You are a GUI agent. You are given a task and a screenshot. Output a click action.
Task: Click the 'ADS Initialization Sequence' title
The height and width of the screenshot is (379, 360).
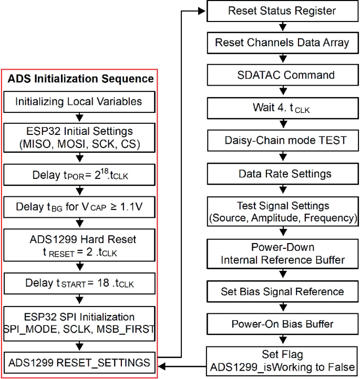click(80, 79)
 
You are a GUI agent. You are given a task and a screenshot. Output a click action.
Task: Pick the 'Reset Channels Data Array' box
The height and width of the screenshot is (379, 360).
click(282, 43)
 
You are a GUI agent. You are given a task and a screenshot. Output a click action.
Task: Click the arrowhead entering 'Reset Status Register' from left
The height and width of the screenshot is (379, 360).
click(202, 10)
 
